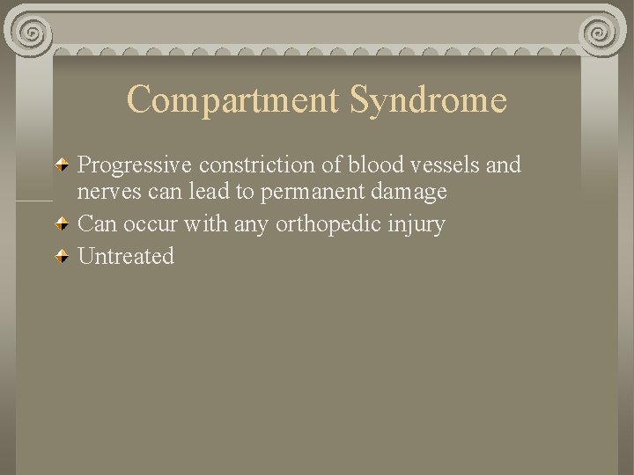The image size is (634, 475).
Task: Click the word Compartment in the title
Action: [232, 99]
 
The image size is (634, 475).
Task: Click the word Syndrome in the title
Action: [428, 99]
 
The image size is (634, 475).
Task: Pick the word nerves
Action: [105, 192]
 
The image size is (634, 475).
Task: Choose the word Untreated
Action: [126, 257]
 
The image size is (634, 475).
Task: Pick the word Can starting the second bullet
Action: [97, 224]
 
